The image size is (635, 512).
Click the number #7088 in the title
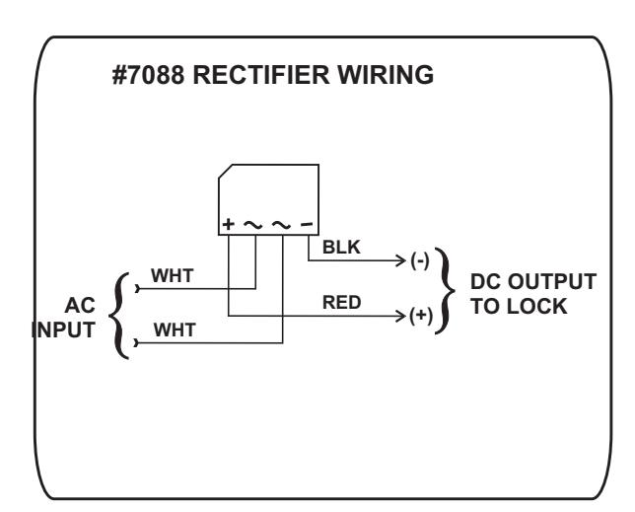(148, 75)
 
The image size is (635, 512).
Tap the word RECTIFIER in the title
(261, 75)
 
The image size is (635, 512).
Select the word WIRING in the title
(386, 75)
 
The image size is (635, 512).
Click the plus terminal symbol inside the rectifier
(229, 224)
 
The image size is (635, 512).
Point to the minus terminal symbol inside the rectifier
(307, 224)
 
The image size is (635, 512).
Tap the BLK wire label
(341, 247)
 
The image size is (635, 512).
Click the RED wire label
(342, 303)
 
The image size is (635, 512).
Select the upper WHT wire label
(173, 276)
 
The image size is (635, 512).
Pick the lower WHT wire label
(175, 330)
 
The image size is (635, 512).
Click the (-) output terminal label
(420, 260)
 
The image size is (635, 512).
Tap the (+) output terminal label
(421, 316)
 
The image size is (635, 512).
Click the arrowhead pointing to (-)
(401, 260)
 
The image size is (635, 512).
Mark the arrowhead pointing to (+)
(401, 316)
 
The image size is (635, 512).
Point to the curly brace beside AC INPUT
(117, 316)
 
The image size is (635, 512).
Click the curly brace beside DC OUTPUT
(447, 290)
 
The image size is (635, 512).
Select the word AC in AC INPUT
(80, 306)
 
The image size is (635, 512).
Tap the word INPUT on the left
(63, 330)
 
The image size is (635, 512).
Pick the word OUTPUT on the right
(551, 282)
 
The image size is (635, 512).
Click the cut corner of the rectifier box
(226, 171)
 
